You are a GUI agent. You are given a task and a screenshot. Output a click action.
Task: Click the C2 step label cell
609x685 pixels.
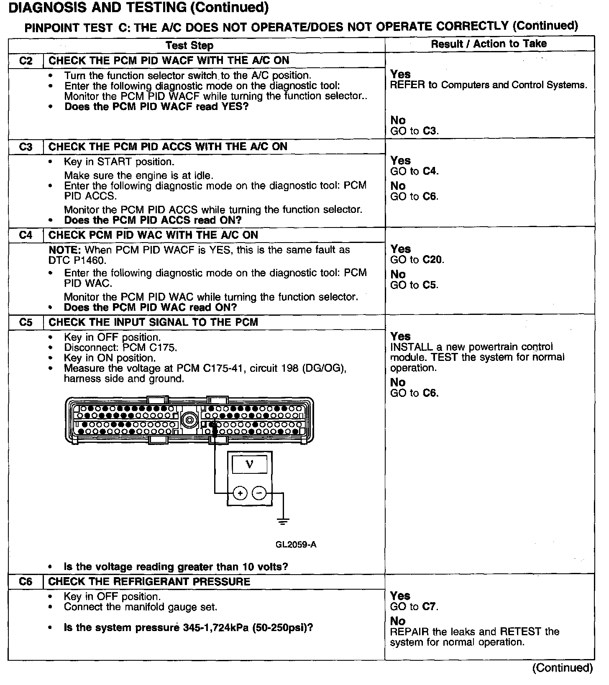click(x=26, y=61)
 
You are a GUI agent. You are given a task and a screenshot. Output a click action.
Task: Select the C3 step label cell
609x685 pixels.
click(x=26, y=147)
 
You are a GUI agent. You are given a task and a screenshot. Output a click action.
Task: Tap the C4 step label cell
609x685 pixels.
click(x=26, y=235)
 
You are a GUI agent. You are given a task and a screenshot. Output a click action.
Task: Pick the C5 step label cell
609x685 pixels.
click(x=26, y=322)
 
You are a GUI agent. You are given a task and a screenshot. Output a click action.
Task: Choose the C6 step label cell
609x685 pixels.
click(x=26, y=582)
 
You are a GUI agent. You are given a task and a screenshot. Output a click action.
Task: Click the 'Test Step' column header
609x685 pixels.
click(x=189, y=46)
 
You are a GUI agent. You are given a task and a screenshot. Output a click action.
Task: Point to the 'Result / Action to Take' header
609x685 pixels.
click(x=489, y=44)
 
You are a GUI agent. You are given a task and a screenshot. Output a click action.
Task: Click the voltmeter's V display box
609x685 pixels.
click(x=249, y=465)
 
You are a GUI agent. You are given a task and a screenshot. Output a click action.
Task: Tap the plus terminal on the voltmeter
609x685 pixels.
click(x=240, y=493)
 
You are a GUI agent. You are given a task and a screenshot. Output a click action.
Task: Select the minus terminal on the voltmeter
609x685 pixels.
click(x=259, y=493)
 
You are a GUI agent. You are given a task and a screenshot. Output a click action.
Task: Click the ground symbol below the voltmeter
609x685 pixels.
click(x=283, y=521)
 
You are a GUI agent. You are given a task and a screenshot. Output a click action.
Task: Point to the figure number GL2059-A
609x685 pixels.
click(x=296, y=544)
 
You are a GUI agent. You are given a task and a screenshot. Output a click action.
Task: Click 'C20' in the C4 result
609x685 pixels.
click(x=432, y=260)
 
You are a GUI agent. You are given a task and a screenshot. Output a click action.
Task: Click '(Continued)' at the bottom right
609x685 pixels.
click(x=562, y=668)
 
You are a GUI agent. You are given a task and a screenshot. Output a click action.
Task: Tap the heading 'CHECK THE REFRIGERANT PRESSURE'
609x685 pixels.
click(x=149, y=582)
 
